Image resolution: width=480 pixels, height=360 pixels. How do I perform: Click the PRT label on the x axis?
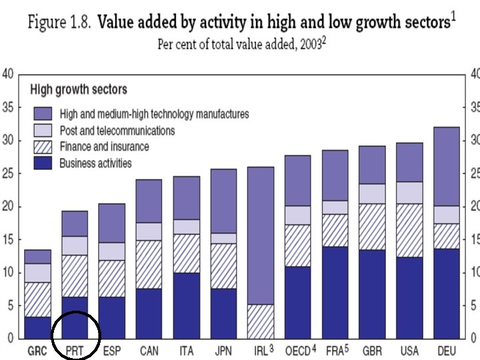coord(74,350)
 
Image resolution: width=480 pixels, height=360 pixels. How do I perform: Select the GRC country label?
coord(37,350)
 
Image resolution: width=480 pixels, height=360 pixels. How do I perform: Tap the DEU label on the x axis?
coord(446,350)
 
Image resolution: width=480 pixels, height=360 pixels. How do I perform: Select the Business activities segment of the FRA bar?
coord(335,293)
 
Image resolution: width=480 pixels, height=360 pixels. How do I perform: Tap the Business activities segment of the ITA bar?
coord(186,305)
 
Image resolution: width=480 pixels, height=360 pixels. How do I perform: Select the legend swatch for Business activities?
coord(44,163)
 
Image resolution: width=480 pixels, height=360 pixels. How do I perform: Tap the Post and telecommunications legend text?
coord(117,131)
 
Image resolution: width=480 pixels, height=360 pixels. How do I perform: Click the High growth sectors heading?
coord(79,89)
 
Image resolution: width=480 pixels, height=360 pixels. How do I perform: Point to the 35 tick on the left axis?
coord(7,107)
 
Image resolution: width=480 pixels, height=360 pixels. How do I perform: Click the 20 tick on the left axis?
coord(7,206)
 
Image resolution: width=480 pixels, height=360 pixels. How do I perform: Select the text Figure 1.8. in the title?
coord(59,22)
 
